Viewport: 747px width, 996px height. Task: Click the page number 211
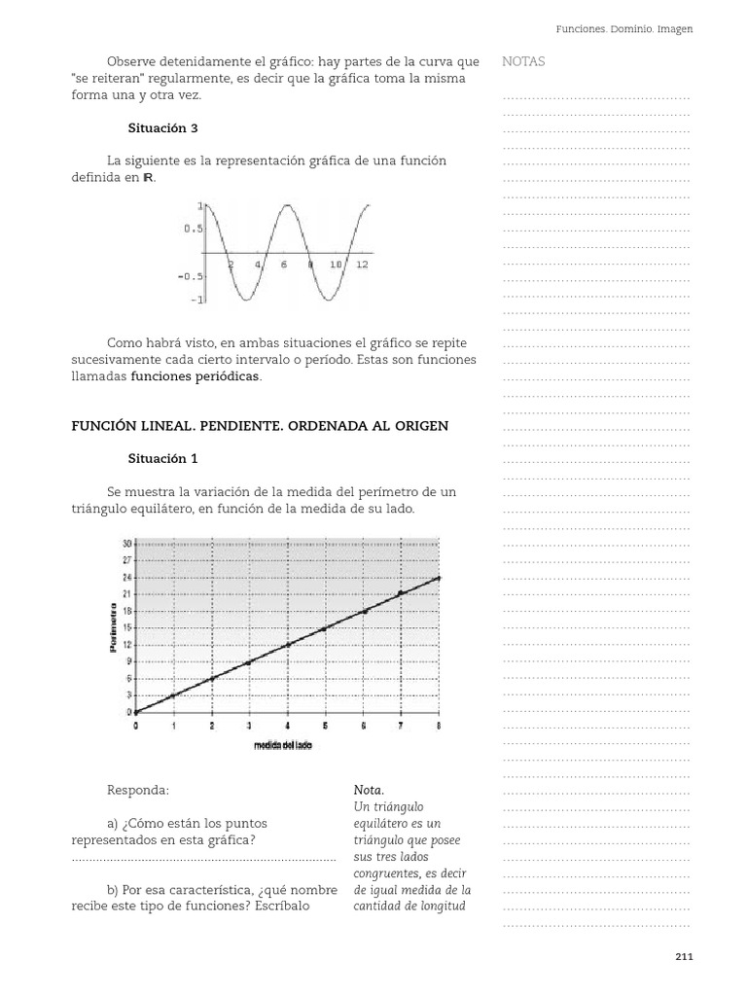point(684,957)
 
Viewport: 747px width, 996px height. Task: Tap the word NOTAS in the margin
point(523,60)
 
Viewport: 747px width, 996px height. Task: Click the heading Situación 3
point(163,127)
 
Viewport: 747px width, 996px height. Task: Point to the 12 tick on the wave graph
point(362,265)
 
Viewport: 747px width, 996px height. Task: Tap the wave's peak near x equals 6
point(287,205)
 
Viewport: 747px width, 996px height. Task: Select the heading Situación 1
point(163,458)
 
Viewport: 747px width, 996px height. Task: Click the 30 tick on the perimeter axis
point(126,543)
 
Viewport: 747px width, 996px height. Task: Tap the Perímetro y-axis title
point(114,628)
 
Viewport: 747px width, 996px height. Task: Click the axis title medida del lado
point(283,745)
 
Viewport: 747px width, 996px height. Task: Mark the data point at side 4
point(288,644)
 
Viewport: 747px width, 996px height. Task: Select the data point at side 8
point(440,578)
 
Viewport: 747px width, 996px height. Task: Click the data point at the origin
point(136,712)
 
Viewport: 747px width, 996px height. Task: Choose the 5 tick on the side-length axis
point(325,726)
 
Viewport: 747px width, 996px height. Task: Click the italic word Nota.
point(369,791)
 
